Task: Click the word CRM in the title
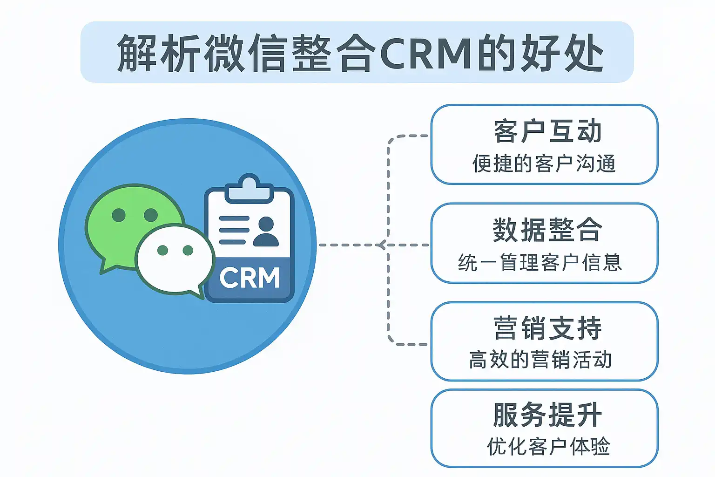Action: click(426, 53)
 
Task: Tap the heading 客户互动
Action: click(547, 131)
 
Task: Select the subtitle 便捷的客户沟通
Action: click(544, 164)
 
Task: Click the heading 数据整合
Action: click(547, 230)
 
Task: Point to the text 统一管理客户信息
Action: click(540, 263)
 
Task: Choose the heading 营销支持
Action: click(547, 328)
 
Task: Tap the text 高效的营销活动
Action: click(540, 360)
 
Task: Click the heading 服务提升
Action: click(547, 415)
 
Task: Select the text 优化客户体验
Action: click(548, 447)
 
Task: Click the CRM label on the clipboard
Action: click(250, 278)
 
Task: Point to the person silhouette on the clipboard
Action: click(266, 232)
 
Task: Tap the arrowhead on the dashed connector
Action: click(381, 245)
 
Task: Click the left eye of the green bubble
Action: click(119, 215)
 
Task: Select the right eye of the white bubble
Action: click(188, 251)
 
